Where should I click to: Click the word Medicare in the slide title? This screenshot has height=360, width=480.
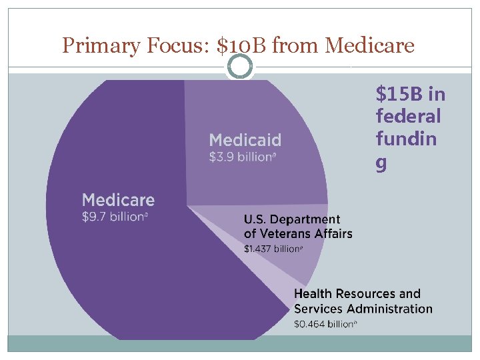369,45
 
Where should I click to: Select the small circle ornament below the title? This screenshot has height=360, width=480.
240,66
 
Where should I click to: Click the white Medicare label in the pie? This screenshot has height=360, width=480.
118,199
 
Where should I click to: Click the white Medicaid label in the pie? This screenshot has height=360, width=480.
245,140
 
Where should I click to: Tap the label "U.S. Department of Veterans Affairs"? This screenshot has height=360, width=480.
297,226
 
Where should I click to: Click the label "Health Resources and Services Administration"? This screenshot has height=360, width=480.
363,301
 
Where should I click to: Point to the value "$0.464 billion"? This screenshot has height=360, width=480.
325,324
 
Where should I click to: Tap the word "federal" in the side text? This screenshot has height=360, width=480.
408,117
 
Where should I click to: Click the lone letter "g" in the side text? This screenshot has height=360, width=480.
381,163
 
